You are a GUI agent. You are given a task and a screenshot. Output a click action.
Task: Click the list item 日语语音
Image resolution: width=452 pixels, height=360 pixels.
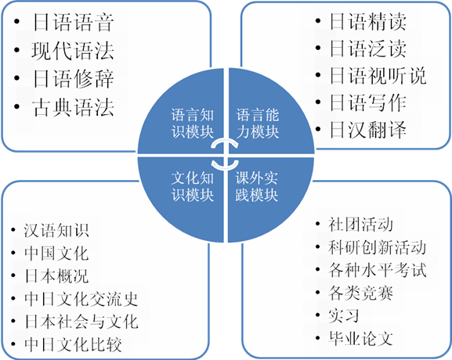click(73, 22)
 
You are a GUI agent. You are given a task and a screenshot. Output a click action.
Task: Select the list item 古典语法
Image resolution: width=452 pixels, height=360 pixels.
click(73, 107)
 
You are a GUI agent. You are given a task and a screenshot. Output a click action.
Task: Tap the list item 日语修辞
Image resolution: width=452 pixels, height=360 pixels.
click(73, 78)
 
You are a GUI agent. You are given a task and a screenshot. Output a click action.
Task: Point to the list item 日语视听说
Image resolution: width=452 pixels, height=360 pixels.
click(378, 76)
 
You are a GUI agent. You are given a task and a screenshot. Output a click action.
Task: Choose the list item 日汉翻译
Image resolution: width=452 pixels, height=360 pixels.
click(368, 130)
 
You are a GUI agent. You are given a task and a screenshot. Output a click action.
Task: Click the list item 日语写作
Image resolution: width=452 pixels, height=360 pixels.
click(368, 103)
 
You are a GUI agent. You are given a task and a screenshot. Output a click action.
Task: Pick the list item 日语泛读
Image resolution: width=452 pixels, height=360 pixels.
click(368, 49)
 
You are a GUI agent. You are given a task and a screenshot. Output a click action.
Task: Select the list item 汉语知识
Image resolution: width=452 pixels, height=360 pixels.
click(56, 230)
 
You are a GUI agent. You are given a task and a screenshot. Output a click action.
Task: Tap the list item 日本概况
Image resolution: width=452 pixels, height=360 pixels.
click(56, 276)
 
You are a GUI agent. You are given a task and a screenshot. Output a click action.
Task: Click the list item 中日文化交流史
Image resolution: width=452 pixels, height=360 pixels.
click(81, 299)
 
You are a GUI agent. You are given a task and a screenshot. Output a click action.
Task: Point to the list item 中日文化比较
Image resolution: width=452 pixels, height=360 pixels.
click(73, 344)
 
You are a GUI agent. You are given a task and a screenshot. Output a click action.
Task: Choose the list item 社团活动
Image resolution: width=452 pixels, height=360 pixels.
click(360, 224)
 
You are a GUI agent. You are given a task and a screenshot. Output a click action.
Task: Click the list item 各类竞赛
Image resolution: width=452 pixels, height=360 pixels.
click(360, 293)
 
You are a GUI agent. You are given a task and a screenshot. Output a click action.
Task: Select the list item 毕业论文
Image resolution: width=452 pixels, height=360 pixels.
click(360, 338)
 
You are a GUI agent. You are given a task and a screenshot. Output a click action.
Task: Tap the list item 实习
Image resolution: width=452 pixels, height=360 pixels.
click(344, 315)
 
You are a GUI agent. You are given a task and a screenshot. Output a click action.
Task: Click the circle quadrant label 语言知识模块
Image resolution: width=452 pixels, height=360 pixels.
click(192, 124)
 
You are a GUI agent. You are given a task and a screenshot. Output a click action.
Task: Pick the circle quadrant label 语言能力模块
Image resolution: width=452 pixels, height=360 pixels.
click(258, 124)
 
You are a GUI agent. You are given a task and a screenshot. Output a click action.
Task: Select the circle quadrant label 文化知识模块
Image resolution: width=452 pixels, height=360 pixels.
click(192, 186)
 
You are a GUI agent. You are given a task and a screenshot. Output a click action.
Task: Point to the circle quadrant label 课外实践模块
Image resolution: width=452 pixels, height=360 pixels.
click(256, 186)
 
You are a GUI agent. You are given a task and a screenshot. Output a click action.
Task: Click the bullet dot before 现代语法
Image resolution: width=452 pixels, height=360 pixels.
click(16, 50)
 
